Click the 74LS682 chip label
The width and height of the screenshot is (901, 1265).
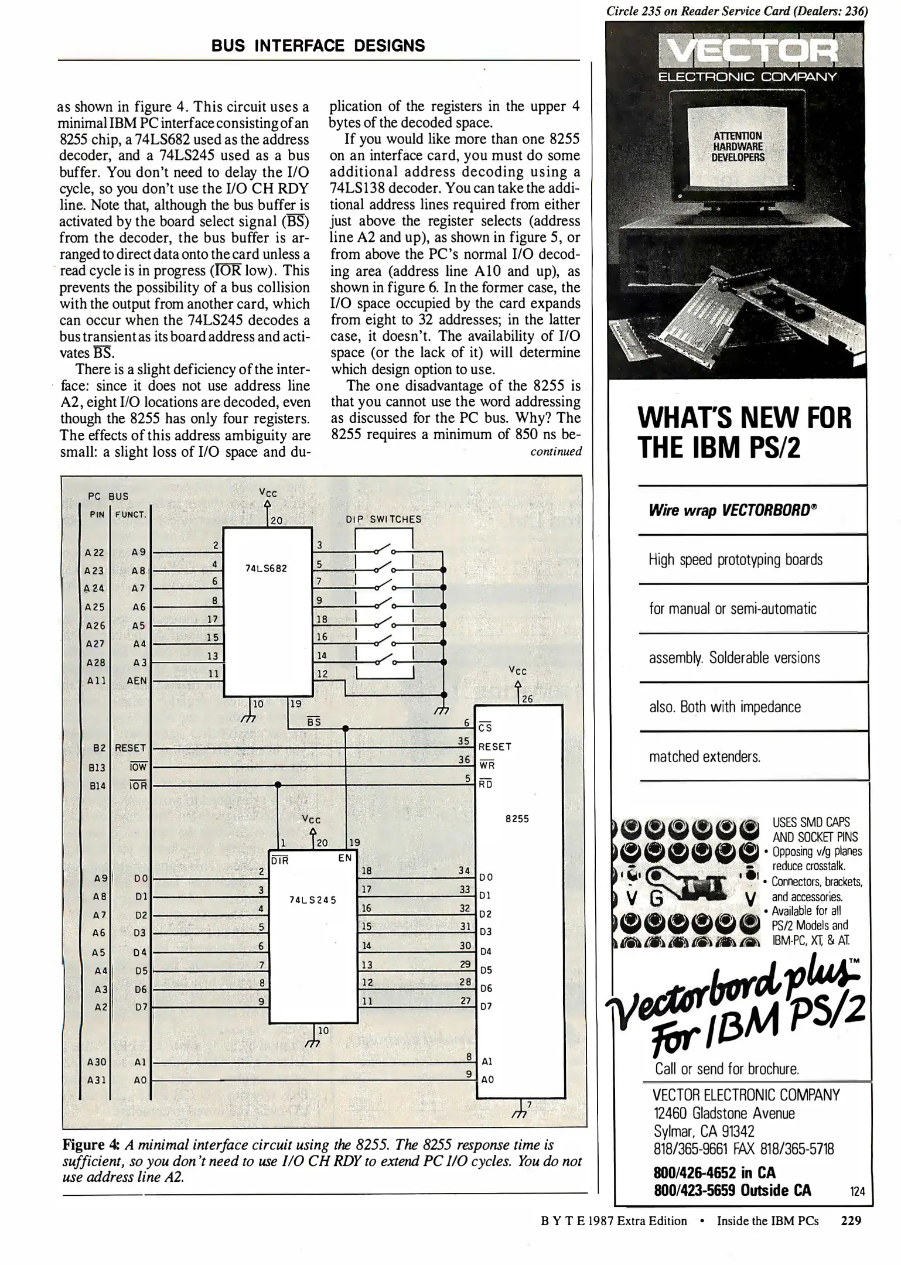pyautogui.click(x=266, y=568)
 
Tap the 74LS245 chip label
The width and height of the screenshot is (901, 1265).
pyautogui.click(x=313, y=900)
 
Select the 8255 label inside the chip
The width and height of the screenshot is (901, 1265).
pyautogui.click(x=517, y=819)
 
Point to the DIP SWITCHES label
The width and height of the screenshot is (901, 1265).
pyautogui.click(x=384, y=519)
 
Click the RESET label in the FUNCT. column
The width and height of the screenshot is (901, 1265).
pyautogui.click(x=130, y=748)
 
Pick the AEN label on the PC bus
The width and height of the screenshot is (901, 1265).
pyautogui.click(x=136, y=681)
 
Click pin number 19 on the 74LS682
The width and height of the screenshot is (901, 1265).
pyautogui.click(x=296, y=703)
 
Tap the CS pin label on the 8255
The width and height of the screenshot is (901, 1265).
pyautogui.click(x=485, y=728)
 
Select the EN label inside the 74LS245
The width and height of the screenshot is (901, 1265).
pyautogui.click(x=345, y=858)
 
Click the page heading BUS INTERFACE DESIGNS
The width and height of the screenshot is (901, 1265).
pyautogui.click(x=319, y=46)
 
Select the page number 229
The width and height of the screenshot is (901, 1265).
pyautogui.click(x=851, y=1220)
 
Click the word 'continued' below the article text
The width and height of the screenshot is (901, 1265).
pyautogui.click(x=556, y=452)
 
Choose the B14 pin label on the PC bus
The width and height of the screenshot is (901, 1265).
pyautogui.click(x=97, y=785)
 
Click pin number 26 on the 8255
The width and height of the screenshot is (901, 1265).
pyautogui.click(x=527, y=698)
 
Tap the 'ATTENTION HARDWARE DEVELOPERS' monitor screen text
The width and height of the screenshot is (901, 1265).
pyautogui.click(x=738, y=146)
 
